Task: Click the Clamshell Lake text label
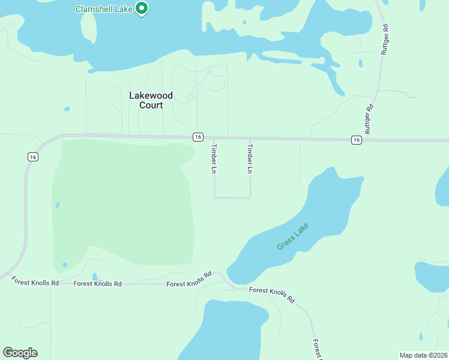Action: (x=104, y=9)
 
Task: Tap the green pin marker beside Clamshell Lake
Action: (x=142, y=8)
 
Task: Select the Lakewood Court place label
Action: (x=151, y=100)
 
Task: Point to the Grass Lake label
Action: (x=293, y=237)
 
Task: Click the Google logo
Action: (x=20, y=353)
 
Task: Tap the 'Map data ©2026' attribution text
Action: (x=423, y=355)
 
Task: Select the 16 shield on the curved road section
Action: (x=33, y=157)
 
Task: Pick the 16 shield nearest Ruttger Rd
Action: (x=357, y=140)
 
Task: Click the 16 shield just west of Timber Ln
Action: (x=197, y=137)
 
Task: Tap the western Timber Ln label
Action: (x=214, y=158)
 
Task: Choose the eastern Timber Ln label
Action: (x=250, y=158)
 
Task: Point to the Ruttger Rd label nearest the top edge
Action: (x=385, y=40)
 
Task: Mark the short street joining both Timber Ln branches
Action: (x=232, y=197)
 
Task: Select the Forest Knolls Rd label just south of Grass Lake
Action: (x=273, y=294)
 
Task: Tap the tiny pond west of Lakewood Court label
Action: (x=67, y=109)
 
